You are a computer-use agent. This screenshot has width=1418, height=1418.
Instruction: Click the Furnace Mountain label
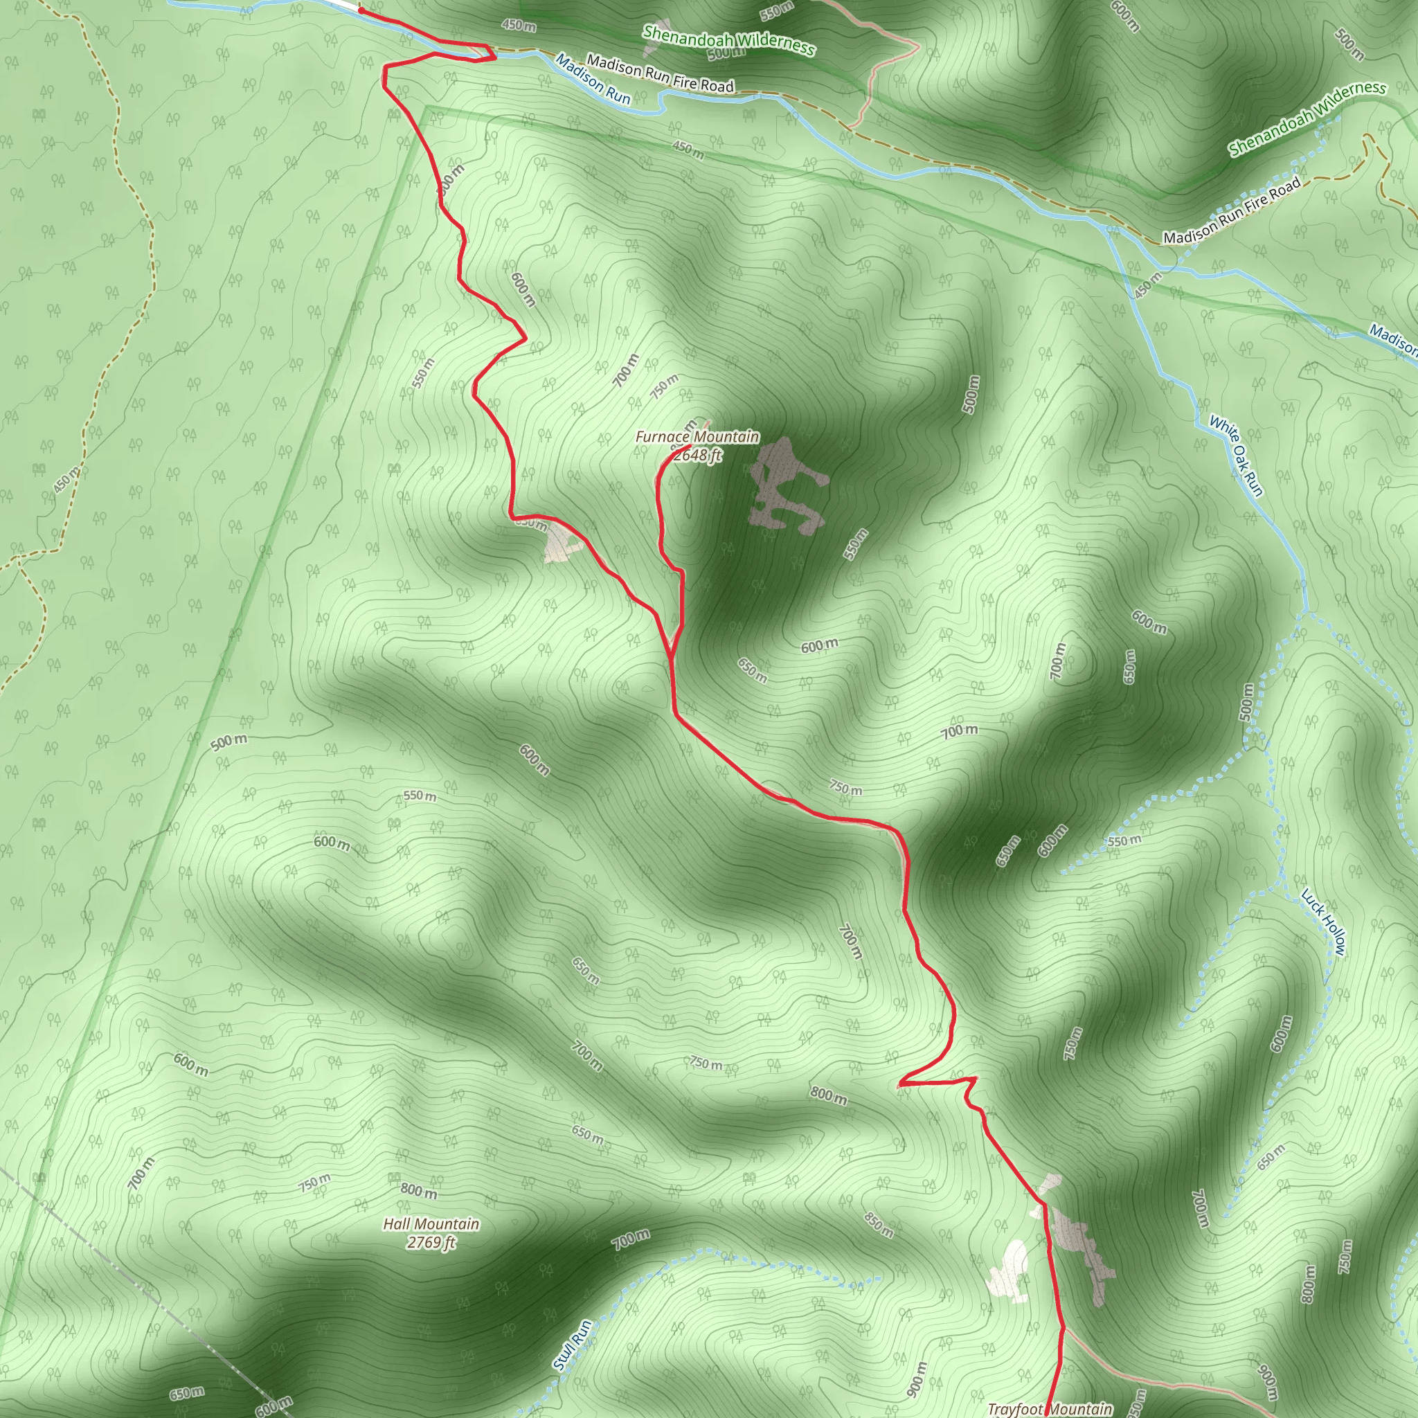pos(697,437)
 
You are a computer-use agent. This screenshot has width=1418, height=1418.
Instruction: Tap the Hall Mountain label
pos(431,1223)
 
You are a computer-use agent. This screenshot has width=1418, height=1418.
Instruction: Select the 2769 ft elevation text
pos(431,1242)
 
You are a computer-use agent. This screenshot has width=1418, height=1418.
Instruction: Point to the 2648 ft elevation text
pos(697,455)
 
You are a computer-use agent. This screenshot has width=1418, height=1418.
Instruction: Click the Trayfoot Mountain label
pos(1050,1408)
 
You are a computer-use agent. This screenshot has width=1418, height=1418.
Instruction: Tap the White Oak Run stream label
pos(1236,456)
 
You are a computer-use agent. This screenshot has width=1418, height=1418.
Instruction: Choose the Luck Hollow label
pos(1323,922)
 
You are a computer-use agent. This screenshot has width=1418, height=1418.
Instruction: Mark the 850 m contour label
pos(878,1224)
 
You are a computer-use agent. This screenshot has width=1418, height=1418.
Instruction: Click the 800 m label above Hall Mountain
pos(418,1190)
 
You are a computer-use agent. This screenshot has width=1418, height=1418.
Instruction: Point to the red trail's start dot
pos(361,11)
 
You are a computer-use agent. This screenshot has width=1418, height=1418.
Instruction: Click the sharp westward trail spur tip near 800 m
pos(900,1084)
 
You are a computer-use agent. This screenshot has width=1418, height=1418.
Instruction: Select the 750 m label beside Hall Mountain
pos(314,1183)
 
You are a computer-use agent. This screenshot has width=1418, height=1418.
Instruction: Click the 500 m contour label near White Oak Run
pos(1246,701)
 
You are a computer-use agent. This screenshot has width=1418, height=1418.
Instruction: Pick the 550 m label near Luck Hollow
pos(1124,841)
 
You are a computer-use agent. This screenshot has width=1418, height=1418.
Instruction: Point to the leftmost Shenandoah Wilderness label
pos(728,40)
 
